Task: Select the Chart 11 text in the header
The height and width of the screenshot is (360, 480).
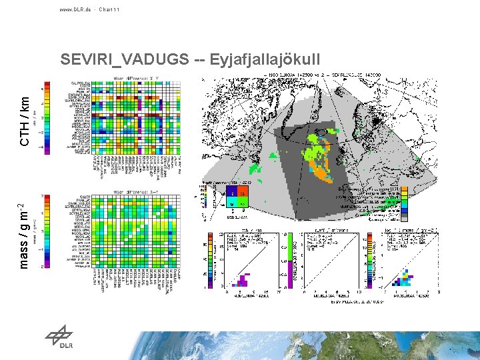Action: tap(109, 9)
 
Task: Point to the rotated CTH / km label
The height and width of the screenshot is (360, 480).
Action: tap(25, 120)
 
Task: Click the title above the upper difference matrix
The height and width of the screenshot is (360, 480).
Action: tap(137, 78)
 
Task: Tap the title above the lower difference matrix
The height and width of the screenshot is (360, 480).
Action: tap(137, 191)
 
